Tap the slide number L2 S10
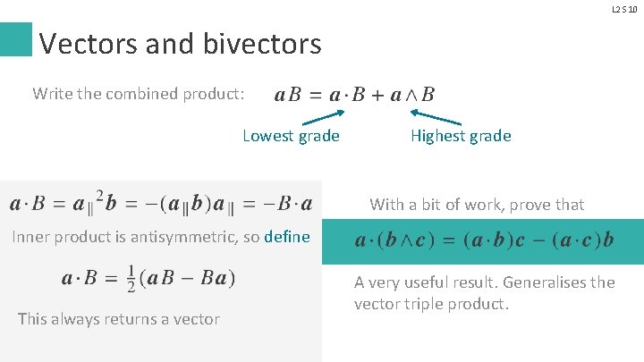click(x=624, y=9)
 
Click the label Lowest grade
click(x=291, y=136)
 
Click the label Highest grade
click(x=461, y=136)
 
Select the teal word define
click(x=287, y=237)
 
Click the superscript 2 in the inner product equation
click(x=99, y=194)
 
